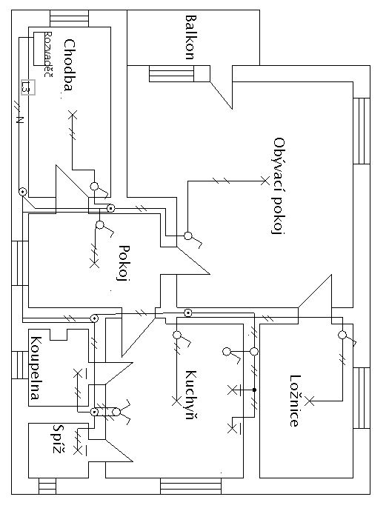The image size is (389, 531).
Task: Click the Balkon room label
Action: click(191, 37)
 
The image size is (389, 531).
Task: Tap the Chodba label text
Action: click(69, 65)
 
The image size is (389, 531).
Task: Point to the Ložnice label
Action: click(295, 401)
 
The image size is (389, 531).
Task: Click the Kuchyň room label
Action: click(191, 395)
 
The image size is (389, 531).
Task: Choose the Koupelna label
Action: click(36, 368)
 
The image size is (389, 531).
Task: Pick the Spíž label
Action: click(59, 439)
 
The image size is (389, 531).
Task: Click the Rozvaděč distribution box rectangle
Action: click(39, 49)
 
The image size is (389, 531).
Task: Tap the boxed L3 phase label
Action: click(28, 87)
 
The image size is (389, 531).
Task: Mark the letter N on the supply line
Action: click(20, 120)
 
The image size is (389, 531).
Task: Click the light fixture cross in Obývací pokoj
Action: click(265, 181)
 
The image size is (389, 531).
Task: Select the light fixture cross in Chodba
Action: click(73, 115)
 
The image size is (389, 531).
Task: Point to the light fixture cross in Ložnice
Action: click(310, 401)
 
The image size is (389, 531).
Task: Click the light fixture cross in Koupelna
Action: click(78, 373)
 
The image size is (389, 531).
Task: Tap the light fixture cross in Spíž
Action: click(78, 451)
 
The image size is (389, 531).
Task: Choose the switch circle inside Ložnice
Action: click(342, 335)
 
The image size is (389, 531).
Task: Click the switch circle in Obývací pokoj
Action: click(188, 236)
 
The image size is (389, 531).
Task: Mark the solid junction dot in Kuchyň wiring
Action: click(254, 390)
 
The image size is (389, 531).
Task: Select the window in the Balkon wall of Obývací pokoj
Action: click(171, 73)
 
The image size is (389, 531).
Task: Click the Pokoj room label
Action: click(124, 263)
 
